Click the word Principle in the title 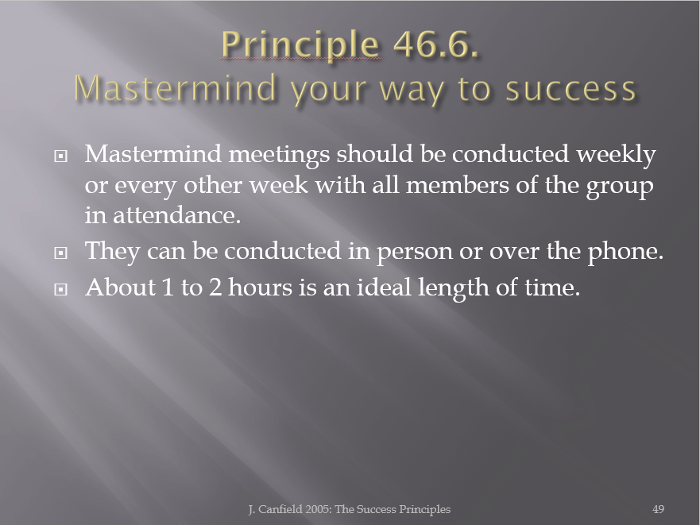coord(301,45)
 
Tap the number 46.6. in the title coord(435,44)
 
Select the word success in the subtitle coord(570,89)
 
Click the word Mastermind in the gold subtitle coord(176,87)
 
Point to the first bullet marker coord(60,156)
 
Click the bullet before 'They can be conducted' coord(60,253)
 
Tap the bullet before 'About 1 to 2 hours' coord(60,289)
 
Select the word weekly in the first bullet coord(616,155)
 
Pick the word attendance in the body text coord(176,215)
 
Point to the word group coord(620,187)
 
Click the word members coord(457,185)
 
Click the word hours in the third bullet coord(260,287)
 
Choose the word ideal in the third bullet coord(384,287)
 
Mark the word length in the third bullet coord(453,288)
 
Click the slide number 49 coord(658,509)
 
